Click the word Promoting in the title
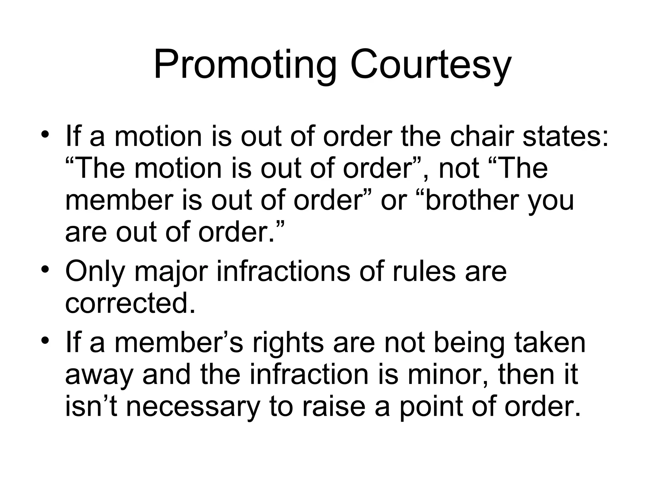tap(245, 65)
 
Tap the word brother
tap(471, 200)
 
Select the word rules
tap(424, 271)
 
